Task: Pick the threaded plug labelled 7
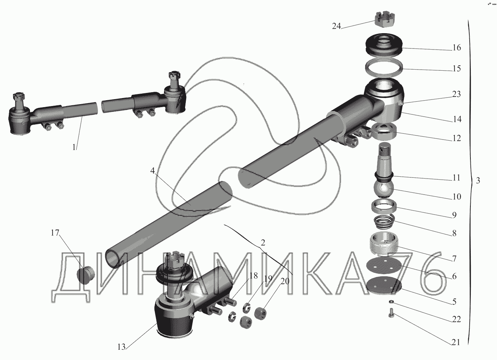384,244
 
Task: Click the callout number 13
121,347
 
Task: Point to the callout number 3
478,181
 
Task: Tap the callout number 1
74,147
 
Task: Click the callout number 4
152,171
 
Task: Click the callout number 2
263,243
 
